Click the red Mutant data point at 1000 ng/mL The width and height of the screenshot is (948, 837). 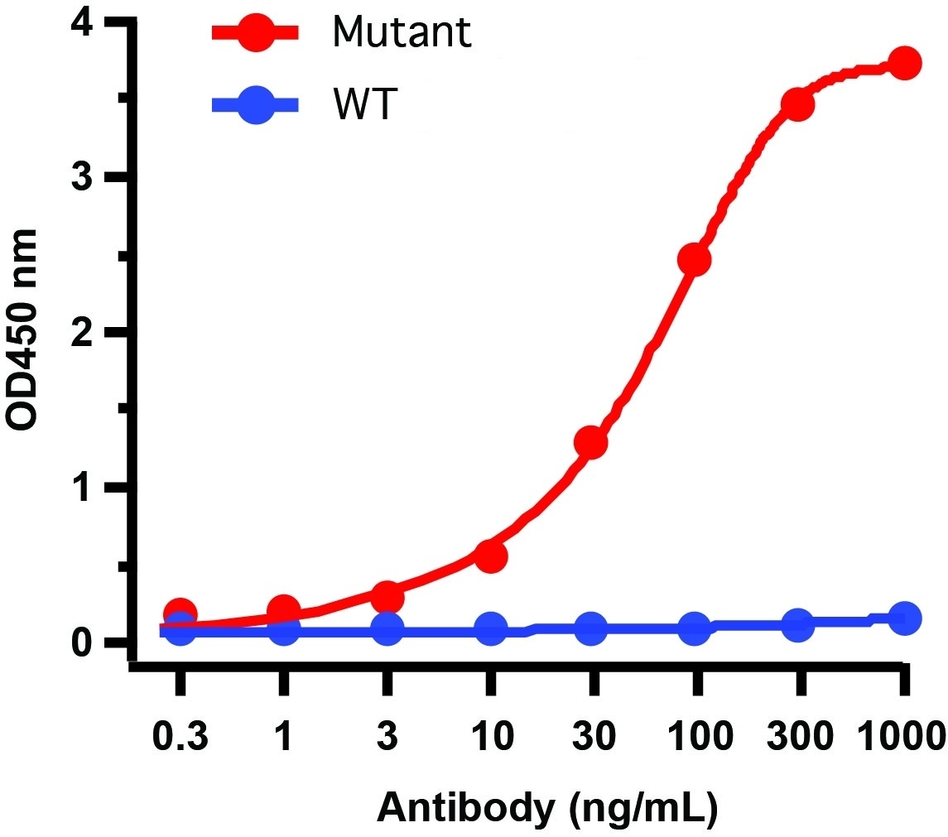904,63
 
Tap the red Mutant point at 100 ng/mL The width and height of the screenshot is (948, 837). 694,260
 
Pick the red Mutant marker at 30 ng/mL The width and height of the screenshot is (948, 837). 591,443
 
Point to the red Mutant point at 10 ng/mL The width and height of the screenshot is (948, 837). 490,556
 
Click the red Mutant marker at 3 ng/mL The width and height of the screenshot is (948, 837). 387,597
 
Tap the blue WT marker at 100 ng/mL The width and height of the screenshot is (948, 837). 694,628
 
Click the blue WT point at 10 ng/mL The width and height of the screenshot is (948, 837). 490,629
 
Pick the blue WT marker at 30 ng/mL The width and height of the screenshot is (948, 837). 591,629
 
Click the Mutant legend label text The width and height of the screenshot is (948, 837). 401,32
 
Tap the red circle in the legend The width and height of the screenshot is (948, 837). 257,33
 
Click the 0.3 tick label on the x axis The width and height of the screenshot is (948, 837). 180,735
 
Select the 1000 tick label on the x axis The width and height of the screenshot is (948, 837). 900,735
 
